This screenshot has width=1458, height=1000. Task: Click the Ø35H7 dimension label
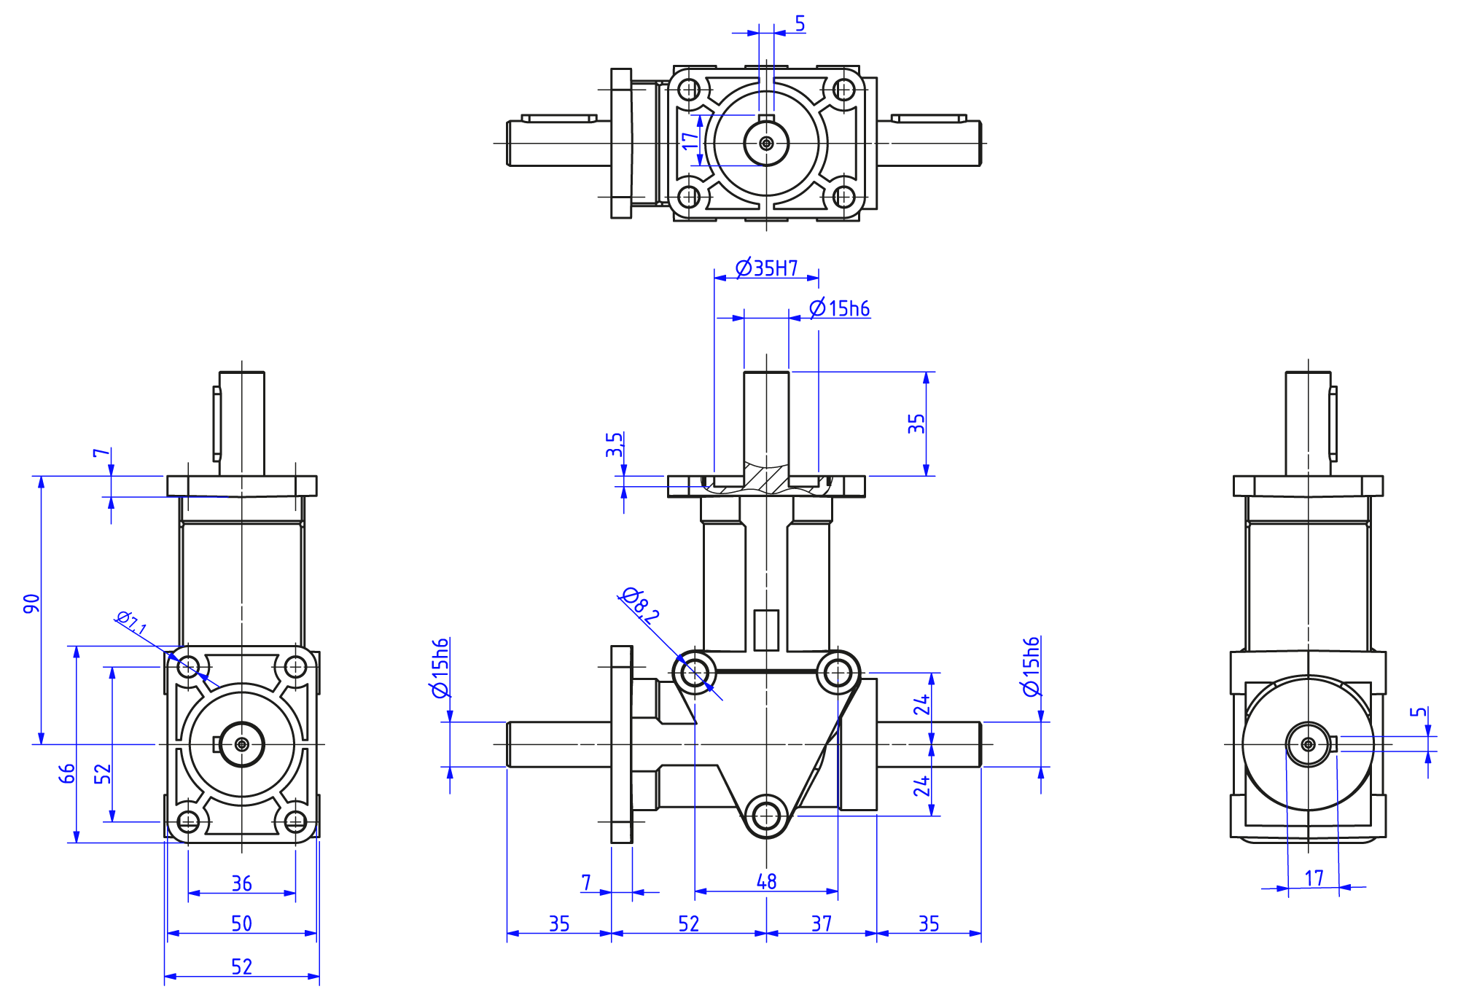766,268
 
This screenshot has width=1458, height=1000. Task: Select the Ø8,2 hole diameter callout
640,604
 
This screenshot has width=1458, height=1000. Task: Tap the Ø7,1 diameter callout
132,622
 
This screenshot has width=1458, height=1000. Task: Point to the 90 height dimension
31,603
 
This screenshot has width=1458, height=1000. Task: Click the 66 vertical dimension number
67,773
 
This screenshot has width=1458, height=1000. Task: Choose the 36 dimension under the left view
242,883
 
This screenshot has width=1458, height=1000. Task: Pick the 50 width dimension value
242,923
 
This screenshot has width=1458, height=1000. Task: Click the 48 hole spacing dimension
767,882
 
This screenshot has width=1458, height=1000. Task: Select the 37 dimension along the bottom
822,923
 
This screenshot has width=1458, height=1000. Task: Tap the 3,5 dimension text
615,445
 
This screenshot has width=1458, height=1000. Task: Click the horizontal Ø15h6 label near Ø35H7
840,308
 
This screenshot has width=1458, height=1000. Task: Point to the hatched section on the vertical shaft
766,478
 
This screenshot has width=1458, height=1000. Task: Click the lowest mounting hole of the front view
766,816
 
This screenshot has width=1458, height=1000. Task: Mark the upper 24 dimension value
922,705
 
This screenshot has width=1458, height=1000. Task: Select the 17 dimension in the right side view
1314,878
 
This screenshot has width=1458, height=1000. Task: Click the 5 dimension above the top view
800,23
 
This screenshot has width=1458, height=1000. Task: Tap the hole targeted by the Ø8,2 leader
694,672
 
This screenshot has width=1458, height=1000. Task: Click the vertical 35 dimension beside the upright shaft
916,423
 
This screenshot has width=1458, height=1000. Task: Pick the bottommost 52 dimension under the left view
242,966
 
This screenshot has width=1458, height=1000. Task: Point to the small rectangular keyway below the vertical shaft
766,630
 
